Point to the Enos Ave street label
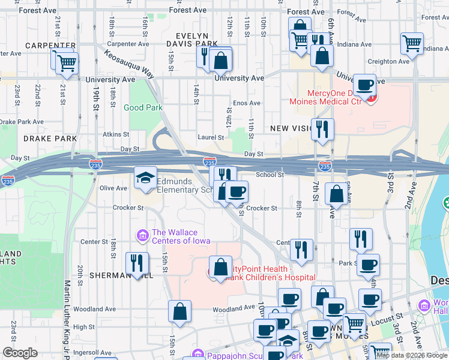pos(246,103)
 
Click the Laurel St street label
pos(212,137)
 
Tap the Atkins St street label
pos(116,134)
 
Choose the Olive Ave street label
pos(113,188)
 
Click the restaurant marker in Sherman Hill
pos(137,262)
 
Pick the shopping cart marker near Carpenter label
pos(67,62)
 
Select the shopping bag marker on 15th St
pos(179,311)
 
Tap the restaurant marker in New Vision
pos(322,128)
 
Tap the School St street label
pos(270,175)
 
